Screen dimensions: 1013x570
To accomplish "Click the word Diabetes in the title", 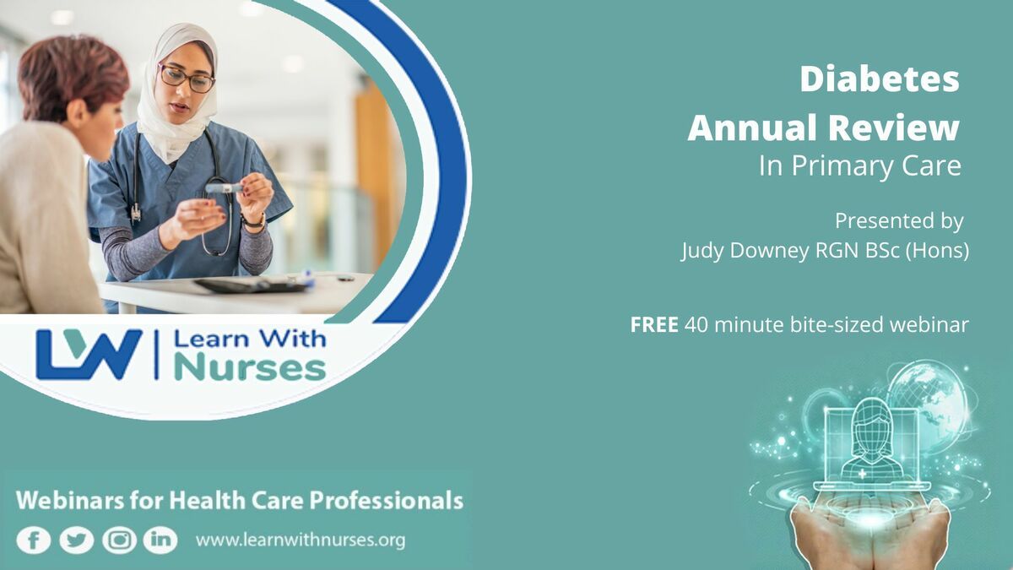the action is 880,79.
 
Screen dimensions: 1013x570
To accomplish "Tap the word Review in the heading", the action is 894,128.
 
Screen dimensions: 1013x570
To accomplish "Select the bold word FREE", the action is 654,325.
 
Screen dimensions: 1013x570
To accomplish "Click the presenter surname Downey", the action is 769,250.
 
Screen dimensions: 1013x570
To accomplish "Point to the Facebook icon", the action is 34,540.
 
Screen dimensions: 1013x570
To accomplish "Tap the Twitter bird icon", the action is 77,540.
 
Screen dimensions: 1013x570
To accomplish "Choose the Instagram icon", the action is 119,540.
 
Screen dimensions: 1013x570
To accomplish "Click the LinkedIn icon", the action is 160,540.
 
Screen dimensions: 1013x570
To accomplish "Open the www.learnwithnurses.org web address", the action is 301,540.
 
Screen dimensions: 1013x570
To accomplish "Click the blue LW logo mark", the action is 89,355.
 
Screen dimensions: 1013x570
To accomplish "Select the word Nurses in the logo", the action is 250,369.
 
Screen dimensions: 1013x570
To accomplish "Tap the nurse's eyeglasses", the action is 187,79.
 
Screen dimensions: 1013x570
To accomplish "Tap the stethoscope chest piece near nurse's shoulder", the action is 136,213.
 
